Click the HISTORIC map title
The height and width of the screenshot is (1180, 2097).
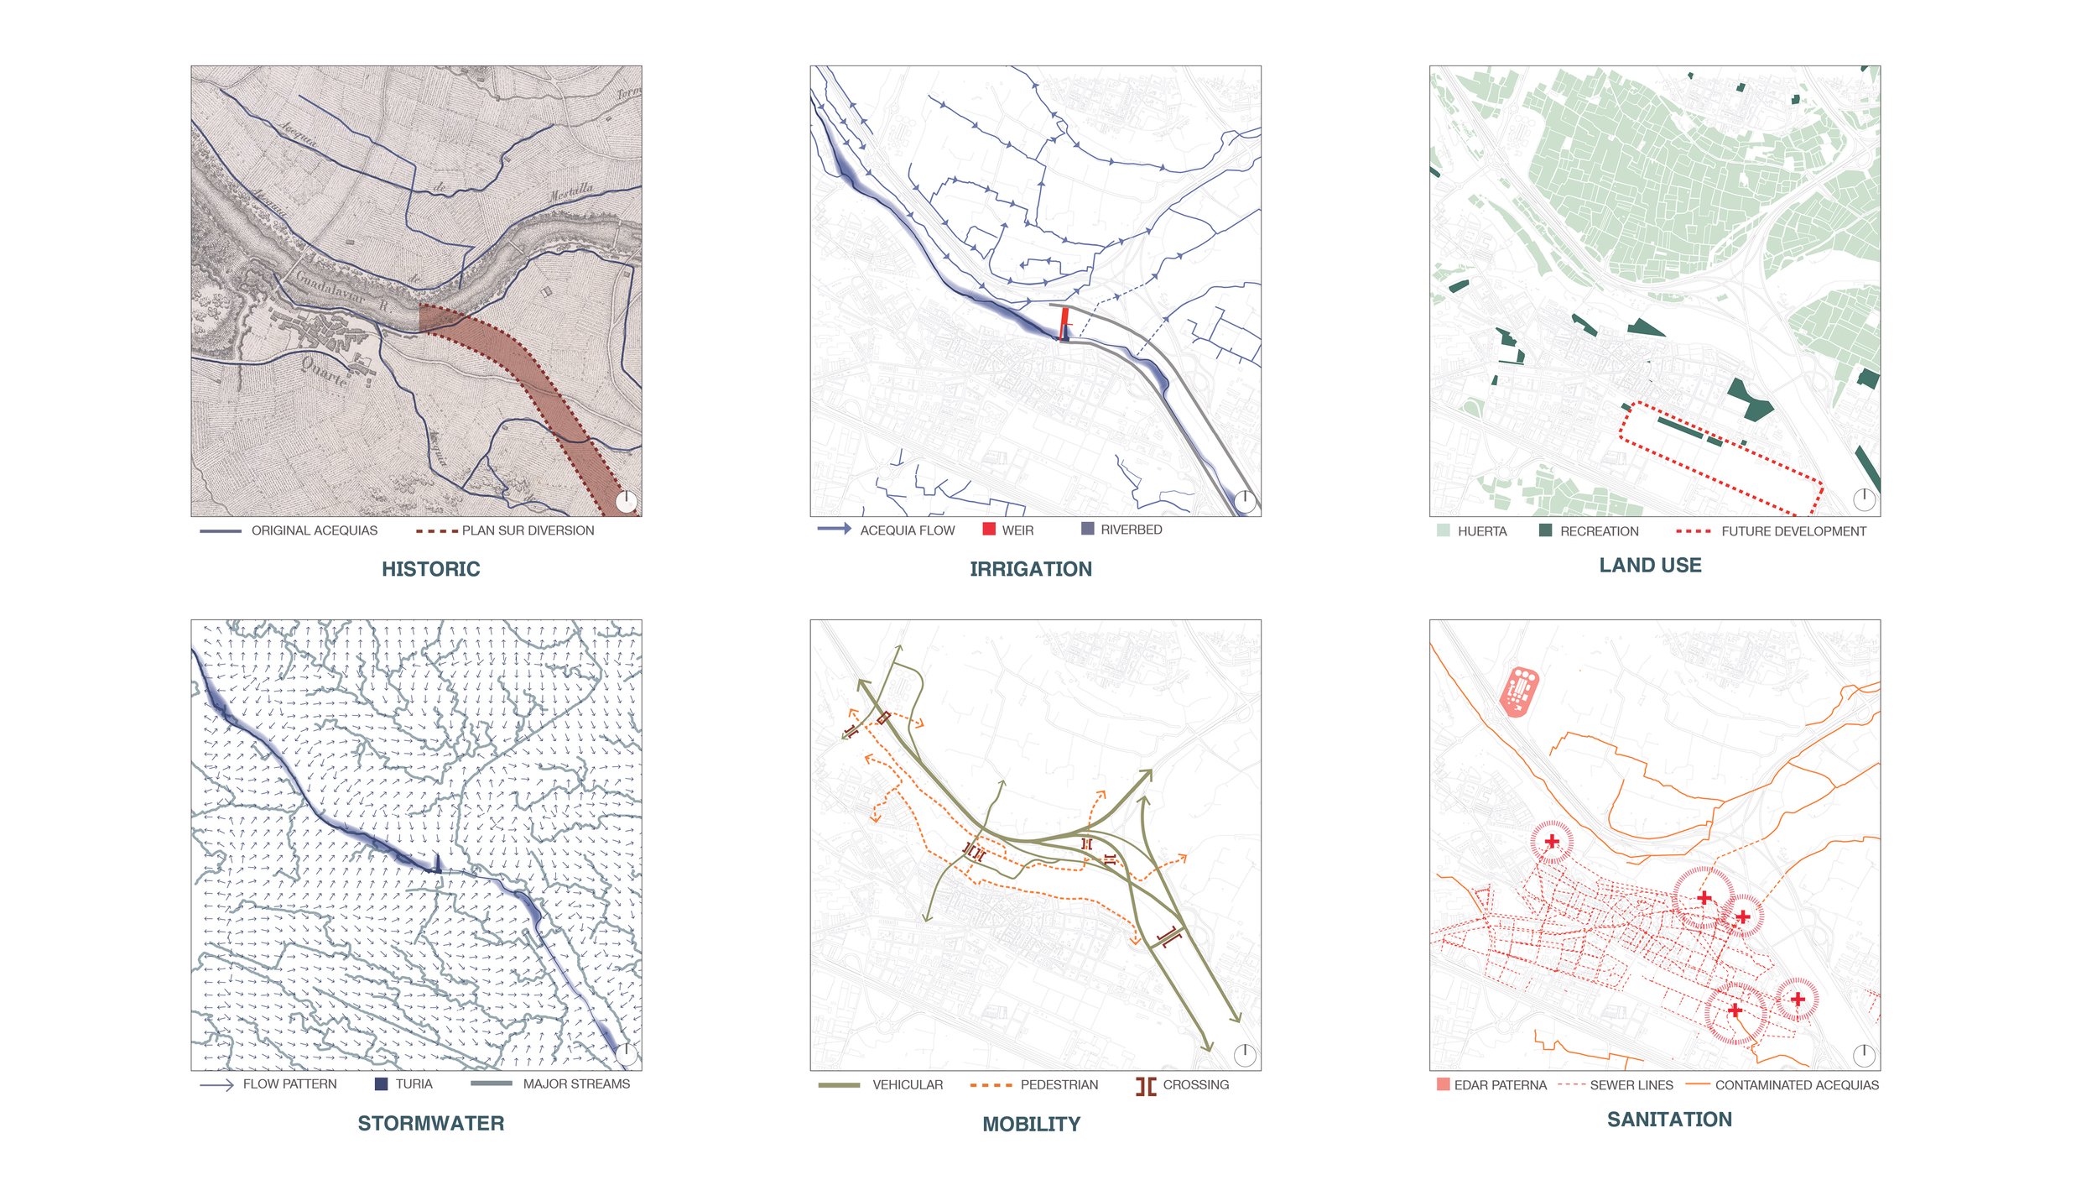(430, 569)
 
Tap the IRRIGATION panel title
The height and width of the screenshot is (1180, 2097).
(1030, 569)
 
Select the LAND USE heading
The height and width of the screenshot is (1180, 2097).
(1649, 566)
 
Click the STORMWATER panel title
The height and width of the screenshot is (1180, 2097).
(430, 1123)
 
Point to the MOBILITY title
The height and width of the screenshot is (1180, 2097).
(1031, 1124)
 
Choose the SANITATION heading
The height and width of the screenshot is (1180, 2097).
(1668, 1119)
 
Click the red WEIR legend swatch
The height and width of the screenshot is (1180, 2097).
(988, 529)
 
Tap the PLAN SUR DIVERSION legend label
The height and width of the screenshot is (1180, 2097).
(528, 530)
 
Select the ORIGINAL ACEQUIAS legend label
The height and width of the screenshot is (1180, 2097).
(314, 530)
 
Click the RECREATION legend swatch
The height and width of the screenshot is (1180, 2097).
(1544, 530)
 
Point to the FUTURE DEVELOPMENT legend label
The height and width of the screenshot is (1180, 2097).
(1793, 531)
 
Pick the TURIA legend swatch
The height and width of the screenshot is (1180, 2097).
(381, 1083)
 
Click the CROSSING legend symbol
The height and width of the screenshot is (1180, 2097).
(1145, 1086)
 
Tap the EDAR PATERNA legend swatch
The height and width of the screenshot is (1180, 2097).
(1443, 1084)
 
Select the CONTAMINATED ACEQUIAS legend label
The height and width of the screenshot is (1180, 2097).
(1796, 1085)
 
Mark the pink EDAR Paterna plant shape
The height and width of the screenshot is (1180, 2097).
(1518, 691)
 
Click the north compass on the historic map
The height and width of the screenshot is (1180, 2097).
(627, 501)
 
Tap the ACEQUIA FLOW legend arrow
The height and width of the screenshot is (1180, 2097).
(834, 529)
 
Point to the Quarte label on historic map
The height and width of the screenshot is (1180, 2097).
(325, 371)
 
